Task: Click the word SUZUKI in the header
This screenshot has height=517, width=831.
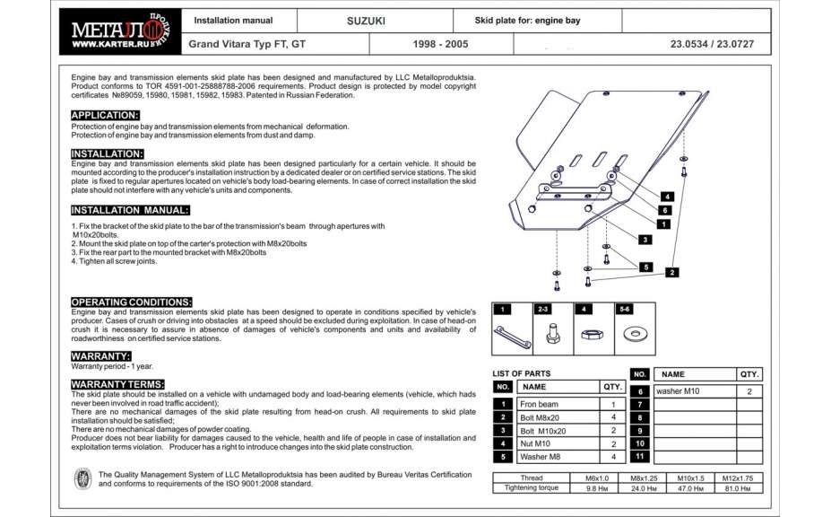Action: pos(366,20)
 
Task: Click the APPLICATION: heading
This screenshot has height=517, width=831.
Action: pos(105,115)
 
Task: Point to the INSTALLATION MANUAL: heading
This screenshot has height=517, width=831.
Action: pos(130,210)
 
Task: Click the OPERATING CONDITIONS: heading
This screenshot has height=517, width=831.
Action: pos(131,302)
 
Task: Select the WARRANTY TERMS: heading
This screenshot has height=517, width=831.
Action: pos(117,384)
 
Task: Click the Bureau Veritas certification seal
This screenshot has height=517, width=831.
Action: pos(82,478)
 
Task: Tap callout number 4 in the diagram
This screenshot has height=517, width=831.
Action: pos(668,196)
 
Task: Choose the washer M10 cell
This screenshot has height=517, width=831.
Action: pos(694,391)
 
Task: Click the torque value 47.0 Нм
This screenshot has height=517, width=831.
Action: pos(690,488)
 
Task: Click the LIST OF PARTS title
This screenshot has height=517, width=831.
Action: pos(522,373)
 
